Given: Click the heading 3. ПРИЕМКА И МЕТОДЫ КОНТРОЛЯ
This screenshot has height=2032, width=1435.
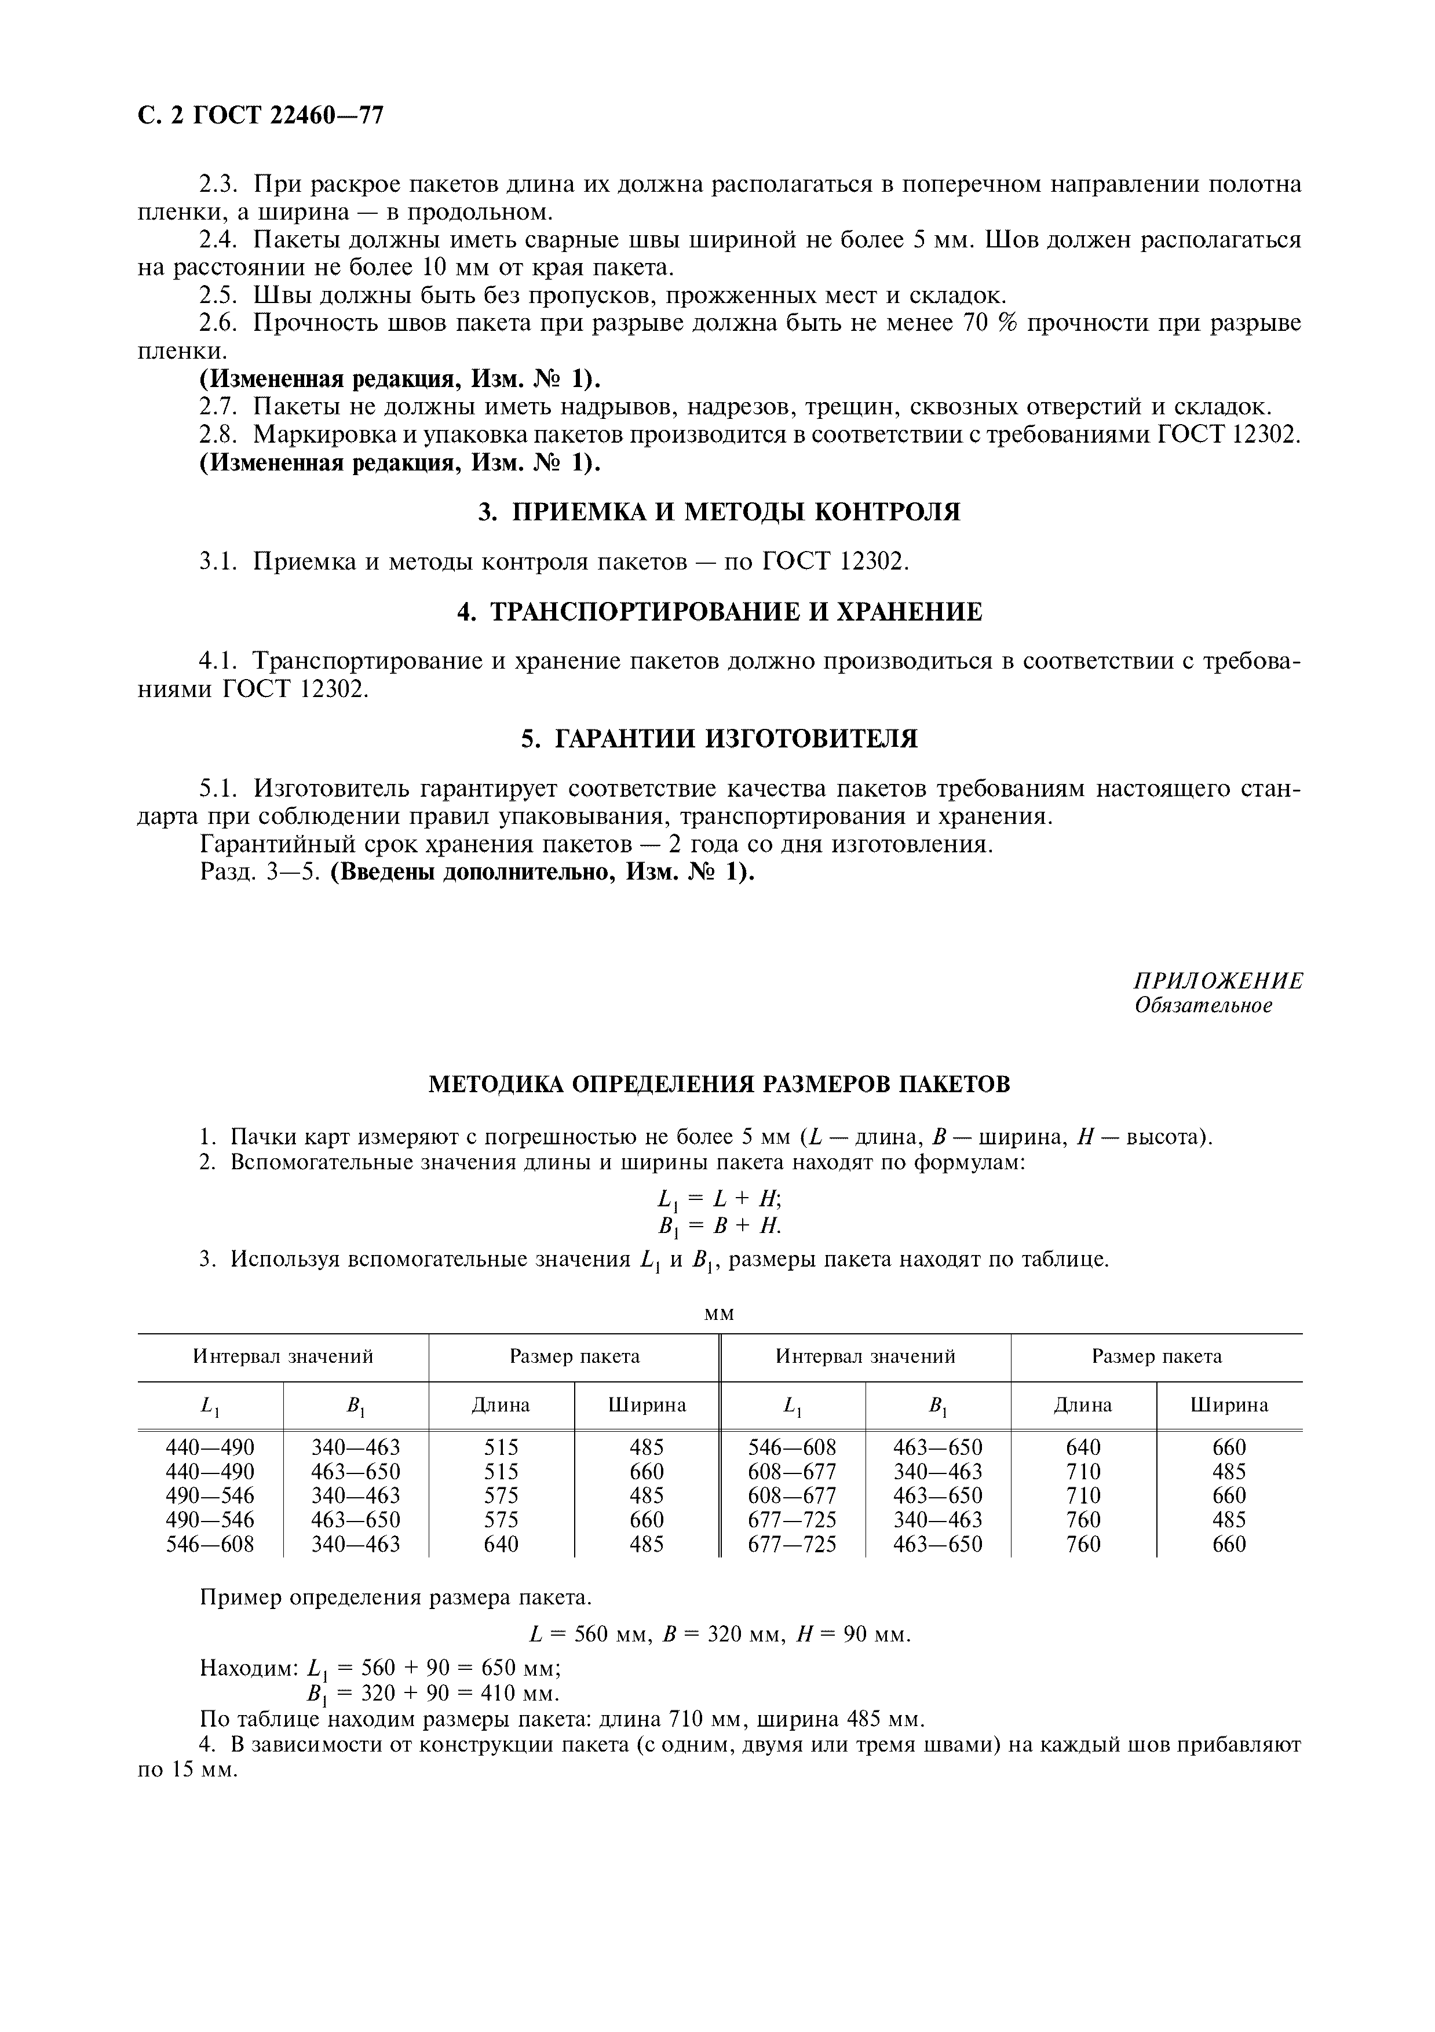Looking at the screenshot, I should [718, 512].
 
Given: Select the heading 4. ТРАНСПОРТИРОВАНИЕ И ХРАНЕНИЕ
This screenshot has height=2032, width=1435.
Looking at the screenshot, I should [718, 611].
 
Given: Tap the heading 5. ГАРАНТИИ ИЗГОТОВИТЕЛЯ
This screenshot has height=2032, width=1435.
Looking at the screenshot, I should [718, 738].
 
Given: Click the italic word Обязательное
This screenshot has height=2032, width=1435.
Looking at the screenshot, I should [1203, 1006].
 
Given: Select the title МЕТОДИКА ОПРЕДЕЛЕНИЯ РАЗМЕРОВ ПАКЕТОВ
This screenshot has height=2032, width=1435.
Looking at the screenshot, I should [718, 1084].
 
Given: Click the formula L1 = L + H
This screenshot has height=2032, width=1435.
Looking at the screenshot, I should [718, 1199].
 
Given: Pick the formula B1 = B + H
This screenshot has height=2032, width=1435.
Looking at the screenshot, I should [718, 1226].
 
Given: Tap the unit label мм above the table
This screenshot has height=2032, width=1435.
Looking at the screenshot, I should [718, 1314].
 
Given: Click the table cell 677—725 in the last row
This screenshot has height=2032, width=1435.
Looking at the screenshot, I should [792, 1544].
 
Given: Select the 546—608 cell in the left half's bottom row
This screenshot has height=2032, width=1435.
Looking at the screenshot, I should [210, 1544].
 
